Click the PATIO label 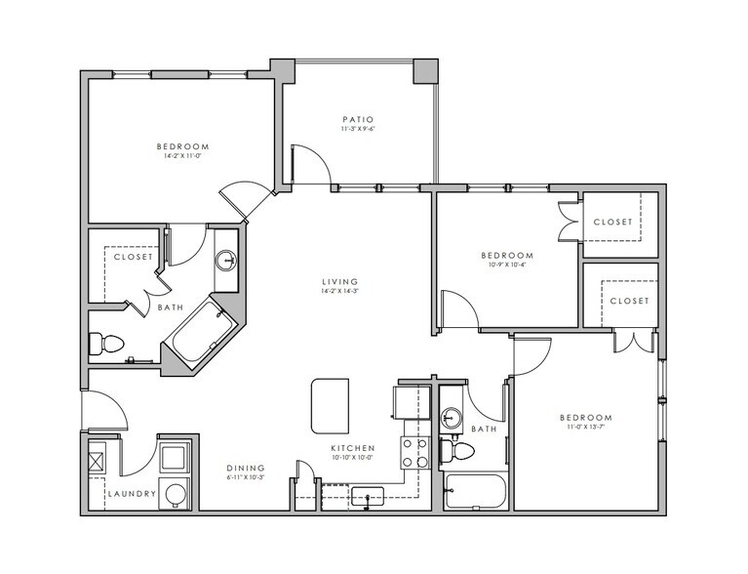357,120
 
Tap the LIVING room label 340,282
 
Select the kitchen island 331,405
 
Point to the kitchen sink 368,497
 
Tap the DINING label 246,468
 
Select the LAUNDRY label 132,494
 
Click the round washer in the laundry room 175,493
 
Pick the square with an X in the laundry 98,458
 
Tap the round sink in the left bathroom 226,261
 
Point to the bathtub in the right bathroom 475,491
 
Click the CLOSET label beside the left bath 133,258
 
